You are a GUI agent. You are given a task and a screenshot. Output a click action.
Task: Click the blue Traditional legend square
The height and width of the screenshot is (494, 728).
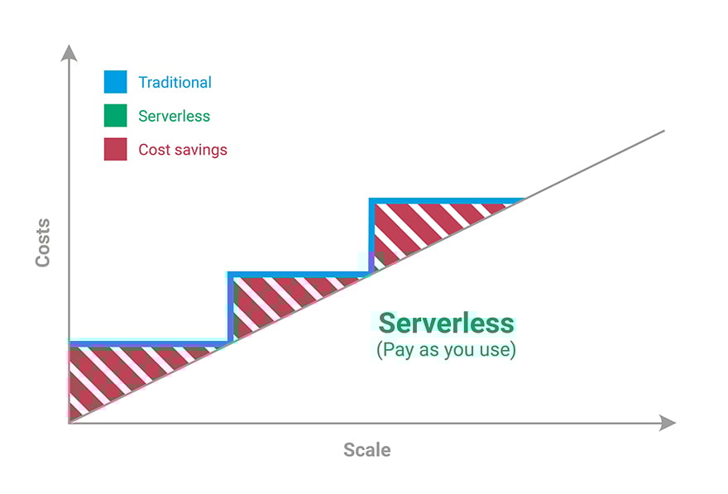(x=115, y=82)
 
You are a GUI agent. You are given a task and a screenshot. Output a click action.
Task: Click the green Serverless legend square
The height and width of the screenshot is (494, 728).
(x=115, y=116)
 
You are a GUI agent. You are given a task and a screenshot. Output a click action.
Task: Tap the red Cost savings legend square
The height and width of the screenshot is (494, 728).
(x=115, y=149)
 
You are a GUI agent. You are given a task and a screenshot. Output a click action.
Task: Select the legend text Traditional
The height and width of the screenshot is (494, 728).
(x=175, y=82)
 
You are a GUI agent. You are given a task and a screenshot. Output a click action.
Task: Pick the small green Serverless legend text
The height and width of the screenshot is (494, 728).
(x=174, y=116)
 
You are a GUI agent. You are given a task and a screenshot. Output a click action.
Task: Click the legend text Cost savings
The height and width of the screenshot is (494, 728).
(x=182, y=150)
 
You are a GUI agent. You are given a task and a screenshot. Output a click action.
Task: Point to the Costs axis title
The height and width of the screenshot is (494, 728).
(x=42, y=242)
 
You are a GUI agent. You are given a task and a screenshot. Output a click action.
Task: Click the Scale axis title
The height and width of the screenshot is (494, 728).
(x=366, y=450)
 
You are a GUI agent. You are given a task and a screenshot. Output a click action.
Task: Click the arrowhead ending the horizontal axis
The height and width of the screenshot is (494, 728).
(x=668, y=423)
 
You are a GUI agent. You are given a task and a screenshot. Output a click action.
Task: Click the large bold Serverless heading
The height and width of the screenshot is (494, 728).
(x=446, y=323)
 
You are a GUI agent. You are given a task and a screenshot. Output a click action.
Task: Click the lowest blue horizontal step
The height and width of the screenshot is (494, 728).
(x=149, y=343)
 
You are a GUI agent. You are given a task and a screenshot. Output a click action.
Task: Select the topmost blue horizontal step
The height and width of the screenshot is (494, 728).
(x=447, y=200)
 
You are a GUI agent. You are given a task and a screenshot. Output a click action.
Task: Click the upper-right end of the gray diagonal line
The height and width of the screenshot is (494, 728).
(x=663, y=131)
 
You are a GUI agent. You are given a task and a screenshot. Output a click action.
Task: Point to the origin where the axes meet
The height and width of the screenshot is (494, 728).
(x=69, y=423)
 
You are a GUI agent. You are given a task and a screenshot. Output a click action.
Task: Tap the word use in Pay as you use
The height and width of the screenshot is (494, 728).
(x=494, y=350)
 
